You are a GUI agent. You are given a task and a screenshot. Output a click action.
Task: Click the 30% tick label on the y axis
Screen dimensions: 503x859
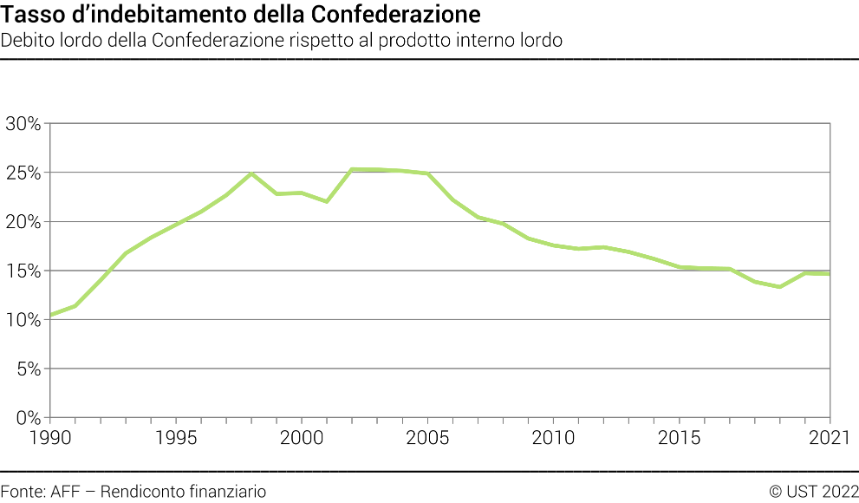[23, 123]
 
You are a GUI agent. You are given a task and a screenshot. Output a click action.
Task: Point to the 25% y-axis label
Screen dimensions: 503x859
[23, 173]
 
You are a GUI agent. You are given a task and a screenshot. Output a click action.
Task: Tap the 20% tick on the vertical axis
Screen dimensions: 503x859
[23, 222]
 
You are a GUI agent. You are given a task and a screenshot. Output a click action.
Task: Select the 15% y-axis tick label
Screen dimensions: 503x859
[23, 271]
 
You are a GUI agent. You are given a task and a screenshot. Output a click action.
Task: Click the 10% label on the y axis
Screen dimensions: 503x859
[23, 320]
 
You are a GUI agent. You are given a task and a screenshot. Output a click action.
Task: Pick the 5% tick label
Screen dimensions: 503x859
[29, 369]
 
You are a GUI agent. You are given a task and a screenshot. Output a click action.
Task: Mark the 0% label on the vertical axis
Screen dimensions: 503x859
[29, 418]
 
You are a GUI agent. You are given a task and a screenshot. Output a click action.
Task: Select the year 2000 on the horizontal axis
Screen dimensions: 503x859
[302, 437]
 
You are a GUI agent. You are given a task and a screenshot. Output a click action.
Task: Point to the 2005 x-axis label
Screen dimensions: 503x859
[427, 437]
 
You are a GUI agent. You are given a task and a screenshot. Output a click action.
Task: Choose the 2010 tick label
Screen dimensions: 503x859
[554, 437]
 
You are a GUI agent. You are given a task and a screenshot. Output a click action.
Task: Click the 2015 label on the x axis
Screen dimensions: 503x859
[680, 437]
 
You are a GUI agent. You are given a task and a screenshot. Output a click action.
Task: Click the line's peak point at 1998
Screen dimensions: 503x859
[251, 173]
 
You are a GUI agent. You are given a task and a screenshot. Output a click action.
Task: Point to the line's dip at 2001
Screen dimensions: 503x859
[327, 201]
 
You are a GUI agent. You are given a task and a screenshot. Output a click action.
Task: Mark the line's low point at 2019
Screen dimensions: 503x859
[780, 286]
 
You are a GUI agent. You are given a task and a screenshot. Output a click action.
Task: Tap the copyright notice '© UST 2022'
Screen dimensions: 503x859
[813, 491]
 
